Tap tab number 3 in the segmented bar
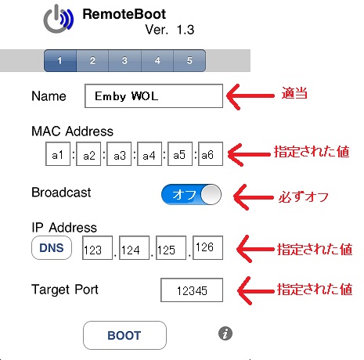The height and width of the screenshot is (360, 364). pyautogui.click(x=125, y=60)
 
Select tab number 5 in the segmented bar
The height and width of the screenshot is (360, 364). pyautogui.click(x=189, y=60)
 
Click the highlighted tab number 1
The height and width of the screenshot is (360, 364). pyautogui.click(x=60, y=60)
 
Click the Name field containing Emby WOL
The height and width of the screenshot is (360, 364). pyautogui.click(x=153, y=95)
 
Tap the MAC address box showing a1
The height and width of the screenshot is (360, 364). pyautogui.click(x=58, y=154)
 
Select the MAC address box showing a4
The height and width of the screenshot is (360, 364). pyautogui.click(x=150, y=154)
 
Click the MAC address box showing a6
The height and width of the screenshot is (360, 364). pyautogui.click(x=211, y=154)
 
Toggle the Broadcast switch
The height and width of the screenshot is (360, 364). pyautogui.click(x=191, y=194)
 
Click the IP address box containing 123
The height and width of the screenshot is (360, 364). pyautogui.click(x=97, y=248)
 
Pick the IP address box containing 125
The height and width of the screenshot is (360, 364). pyautogui.click(x=171, y=248)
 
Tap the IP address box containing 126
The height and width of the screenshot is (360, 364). pyautogui.click(x=207, y=248)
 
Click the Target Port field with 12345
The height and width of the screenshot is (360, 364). pyautogui.click(x=192, y=290)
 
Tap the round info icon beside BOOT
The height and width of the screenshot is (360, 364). pyautogui.click(x=225, y=333)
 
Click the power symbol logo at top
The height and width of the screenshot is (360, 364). pyautogui.click(x=59, y=19)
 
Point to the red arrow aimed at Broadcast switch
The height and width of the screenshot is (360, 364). pyautogui.click(x=253, y=197)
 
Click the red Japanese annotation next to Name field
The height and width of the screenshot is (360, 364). pyautogui.click(x=294, y=93)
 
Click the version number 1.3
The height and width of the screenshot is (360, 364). pyautogui.click(x=186, y=30)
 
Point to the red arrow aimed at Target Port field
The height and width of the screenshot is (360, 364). pyautogui.click(x=256, y=291)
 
